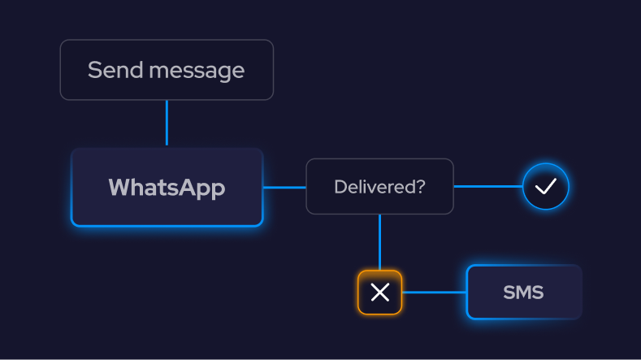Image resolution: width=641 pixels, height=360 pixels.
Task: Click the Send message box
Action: coord(167,70)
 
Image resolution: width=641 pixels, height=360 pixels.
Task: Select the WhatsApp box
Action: coord(167,188)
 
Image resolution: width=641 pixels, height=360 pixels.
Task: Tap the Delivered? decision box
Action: coord(379,187)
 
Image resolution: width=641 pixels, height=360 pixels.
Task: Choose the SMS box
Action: coord(524,292)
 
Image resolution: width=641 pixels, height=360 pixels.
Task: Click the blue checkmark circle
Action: coord(546,186)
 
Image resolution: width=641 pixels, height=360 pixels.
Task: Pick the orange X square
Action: coord(379,292)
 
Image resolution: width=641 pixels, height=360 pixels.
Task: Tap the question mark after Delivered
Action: coord(421,187)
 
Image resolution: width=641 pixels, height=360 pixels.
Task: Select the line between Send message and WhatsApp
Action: coord(167,123)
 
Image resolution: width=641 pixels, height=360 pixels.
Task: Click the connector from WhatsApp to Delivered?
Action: coord(284,187)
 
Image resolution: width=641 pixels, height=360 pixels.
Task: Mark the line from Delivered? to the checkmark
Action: coord(487,186)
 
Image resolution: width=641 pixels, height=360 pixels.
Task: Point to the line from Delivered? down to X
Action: coord(379,241)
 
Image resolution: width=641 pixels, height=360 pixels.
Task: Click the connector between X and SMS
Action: coord(434,292)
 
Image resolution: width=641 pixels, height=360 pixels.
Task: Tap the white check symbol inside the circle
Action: coord(546,186)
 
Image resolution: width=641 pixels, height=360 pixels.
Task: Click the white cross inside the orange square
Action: coord(379,292)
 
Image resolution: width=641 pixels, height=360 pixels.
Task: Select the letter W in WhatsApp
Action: coord(119,188)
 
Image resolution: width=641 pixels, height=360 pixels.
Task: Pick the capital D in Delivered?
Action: coord(340,187)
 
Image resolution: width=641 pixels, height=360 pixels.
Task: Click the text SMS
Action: coord(524,292)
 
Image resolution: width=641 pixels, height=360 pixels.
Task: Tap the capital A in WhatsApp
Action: coord(186,188)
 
